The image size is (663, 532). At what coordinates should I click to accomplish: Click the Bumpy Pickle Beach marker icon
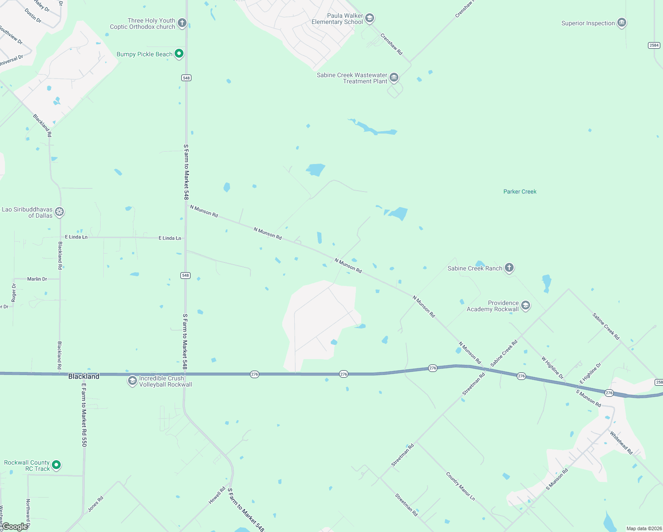pyautogui.click(x=179, y=54)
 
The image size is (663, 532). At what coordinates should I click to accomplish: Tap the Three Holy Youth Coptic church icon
pyautogui.click(x=182, y=23)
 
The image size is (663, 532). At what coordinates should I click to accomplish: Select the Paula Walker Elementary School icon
pyautogui.click(x=370, y=19)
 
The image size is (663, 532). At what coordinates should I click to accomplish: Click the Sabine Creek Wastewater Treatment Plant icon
pyautogui.click(x=394, y=78)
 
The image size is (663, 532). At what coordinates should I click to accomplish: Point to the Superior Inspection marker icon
pyautogui.click(x=622, y=23)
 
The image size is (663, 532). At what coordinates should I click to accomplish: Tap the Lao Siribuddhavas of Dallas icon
pyautogui.click(x=59, y=212)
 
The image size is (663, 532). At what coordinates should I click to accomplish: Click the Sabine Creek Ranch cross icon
pyautogui.click(x=509, y=268)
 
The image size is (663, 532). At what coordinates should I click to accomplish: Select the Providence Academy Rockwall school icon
pyautogui.click(x=526, y=305)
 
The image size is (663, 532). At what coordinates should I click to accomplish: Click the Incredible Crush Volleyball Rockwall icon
pyautogui.click(x=132, y=381)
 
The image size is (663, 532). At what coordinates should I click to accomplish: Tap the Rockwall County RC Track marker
pyautogui.click(x=56, y=465)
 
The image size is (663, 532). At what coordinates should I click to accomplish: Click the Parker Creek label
pyautogui.click(x=520, y=192)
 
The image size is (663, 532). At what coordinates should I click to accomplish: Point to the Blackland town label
pyautogui.click(x=84, y=376)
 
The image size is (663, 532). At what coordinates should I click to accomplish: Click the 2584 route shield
pyautogui.click(x=654, y=45)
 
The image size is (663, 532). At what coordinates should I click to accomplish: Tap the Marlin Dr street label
pyautogui.click(x=37, y=279)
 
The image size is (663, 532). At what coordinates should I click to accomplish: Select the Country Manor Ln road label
pyautogui.click(x=460, y=487)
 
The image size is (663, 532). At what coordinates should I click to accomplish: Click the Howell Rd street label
pyautogui.click(x=217, y=495)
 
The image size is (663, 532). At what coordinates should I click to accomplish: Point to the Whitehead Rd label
pyautogui.click(x=621, y=442)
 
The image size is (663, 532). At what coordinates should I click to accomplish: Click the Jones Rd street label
pyautogui.click(x=95, y=504)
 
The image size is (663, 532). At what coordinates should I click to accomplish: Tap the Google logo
pyautogui.click(x=15, y=527)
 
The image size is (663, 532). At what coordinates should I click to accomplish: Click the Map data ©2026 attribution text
pyautogui.click(x=644, y=528)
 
